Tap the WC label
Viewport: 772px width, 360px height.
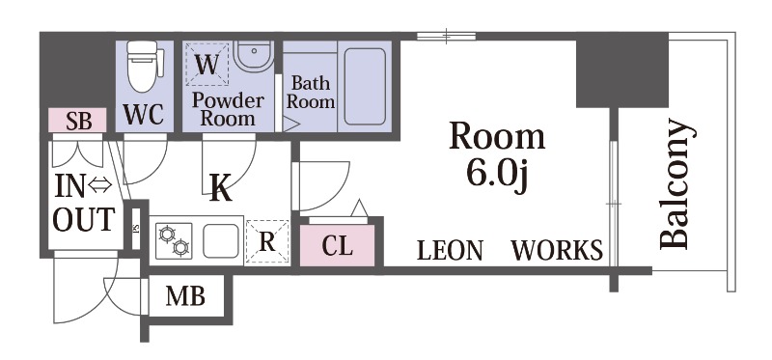(x=143, y=115)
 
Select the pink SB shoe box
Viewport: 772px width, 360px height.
(x=77, y=121)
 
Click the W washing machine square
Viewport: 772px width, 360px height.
(x=207, y=65)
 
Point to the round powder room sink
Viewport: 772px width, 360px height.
(x=254, y=55)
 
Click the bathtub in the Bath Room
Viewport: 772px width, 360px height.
(x=365, y=87)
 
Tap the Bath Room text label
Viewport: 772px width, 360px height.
(x=311, y=92)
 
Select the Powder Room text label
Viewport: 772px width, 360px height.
(x=228, y=109)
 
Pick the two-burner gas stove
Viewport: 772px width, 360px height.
(x=174, y=240)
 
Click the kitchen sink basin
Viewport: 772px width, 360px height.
(x=221, y=241)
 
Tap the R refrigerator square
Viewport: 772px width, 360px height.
(x=267, y=241)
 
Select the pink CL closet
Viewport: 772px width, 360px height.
(x=337, y=246)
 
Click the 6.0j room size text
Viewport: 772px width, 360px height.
(x=499, y=175)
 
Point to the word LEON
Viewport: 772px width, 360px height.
(x=450, y=250)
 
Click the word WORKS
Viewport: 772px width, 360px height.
(x=557, y=250)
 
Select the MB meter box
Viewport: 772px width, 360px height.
(x=185, y=296)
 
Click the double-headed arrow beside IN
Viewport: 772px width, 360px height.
(x=100, y=185)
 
